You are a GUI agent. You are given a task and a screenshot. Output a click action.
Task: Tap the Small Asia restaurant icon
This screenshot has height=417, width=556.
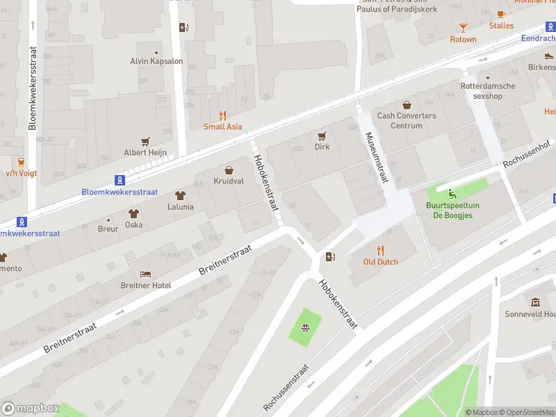(222, 115)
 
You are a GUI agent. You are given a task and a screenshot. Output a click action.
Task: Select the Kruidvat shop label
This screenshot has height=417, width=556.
(229, 181)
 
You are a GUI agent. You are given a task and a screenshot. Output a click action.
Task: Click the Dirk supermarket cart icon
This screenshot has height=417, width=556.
(322, 136)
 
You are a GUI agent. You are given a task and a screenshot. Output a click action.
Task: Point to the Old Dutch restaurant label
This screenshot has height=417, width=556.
(380, 262)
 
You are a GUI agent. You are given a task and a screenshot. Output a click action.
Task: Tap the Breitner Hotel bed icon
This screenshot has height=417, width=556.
(145, 274)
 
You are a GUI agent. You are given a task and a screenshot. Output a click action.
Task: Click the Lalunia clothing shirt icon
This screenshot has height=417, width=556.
(180, 196)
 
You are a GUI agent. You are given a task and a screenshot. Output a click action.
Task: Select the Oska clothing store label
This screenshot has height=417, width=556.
(133, 224)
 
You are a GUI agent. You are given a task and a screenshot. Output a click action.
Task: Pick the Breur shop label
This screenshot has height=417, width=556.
(108, 229)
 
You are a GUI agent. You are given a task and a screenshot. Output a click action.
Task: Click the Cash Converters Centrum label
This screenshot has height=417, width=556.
(407, 121)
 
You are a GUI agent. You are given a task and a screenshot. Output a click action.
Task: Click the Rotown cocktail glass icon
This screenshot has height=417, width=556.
(463, 28)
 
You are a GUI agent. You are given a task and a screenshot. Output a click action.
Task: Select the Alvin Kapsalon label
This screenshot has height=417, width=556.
(156, 61)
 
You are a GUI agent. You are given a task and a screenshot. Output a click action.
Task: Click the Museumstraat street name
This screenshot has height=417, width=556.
(374, 157)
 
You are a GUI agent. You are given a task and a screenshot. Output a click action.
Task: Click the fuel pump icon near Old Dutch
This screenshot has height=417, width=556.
(330, 257)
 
